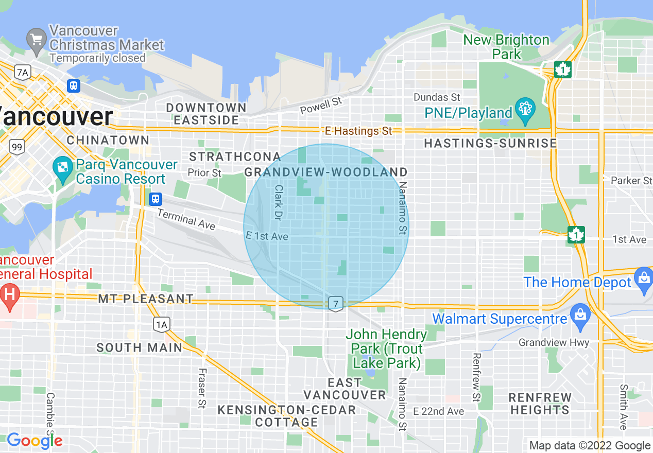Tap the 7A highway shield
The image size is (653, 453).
click(22, 73)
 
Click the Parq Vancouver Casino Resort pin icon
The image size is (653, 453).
click(63, 169)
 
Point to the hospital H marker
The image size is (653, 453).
click(9, 295)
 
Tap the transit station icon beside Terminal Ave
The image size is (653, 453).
click(155, 199)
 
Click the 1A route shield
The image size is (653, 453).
click(161, 324)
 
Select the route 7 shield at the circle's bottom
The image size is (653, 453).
click(336, 304)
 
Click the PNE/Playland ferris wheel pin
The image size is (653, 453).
click(525, 110)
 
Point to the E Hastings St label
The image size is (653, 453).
click(358, 131)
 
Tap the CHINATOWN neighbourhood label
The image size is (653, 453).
click(108, 140)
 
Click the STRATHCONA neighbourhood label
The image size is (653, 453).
click(235, 156)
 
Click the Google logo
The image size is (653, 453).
click(34, 441)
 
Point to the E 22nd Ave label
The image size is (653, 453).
click(438, 411)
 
